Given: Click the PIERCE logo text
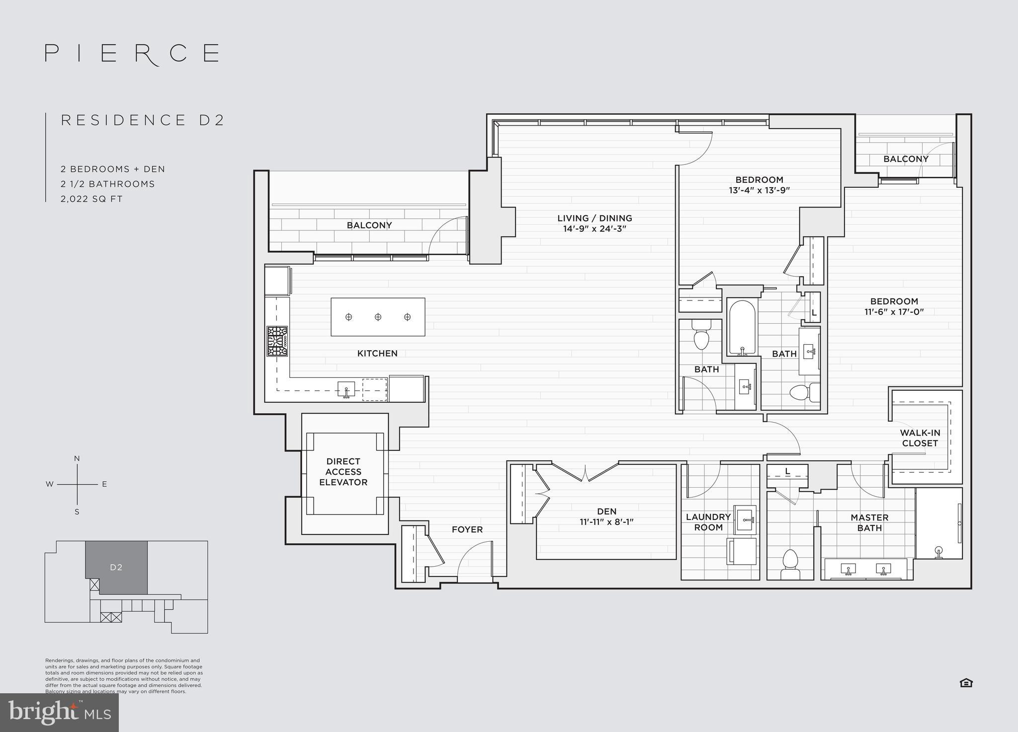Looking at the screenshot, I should (132, 53).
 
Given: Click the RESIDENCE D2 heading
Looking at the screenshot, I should (143, 120).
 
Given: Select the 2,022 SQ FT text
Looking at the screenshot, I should (91, 199).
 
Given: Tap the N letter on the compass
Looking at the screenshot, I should (77, 458).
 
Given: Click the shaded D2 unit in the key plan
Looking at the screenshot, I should (116, 567).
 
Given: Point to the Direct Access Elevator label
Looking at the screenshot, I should (343, 472).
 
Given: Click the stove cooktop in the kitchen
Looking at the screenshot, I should (277, 341).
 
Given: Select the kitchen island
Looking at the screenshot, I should (378, 317).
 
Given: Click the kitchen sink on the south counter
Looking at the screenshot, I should (346, 388).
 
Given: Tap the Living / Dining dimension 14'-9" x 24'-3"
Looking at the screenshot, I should (594, 229).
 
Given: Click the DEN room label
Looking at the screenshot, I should (606, 511).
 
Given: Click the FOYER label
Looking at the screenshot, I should (467, 529).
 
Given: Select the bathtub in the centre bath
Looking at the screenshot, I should (742, 327).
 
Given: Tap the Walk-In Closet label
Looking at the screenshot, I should (920, 438).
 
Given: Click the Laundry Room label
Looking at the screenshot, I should (708, 522).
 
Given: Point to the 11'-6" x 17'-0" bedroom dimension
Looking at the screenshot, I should (894, 312).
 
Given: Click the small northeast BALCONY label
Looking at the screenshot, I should (906, 159).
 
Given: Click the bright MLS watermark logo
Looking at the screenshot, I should (59, 713).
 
